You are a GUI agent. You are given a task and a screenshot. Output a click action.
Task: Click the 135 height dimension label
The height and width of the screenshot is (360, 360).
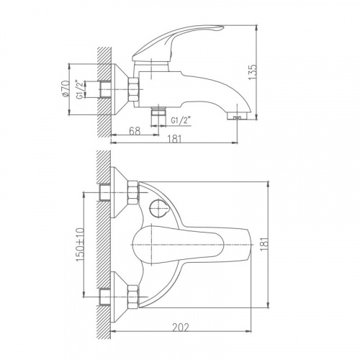253,72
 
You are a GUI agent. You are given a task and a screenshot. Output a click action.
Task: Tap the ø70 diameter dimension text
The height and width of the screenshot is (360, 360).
66,89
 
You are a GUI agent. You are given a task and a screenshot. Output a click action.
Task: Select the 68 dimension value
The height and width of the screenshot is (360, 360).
135,131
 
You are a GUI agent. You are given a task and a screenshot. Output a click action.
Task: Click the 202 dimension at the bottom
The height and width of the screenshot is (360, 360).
181,328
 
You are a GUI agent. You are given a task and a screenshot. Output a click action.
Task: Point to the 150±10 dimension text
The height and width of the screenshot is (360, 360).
80,245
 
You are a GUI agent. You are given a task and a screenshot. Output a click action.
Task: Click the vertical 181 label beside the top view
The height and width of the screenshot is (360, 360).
264,244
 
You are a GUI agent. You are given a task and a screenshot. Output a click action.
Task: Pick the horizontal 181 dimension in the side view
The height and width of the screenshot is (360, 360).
174,139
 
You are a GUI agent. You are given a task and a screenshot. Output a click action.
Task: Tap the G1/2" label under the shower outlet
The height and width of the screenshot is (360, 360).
181,120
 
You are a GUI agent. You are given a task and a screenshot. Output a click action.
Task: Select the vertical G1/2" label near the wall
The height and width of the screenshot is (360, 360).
80,89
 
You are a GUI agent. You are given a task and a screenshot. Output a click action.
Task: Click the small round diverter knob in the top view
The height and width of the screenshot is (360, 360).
158,208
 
